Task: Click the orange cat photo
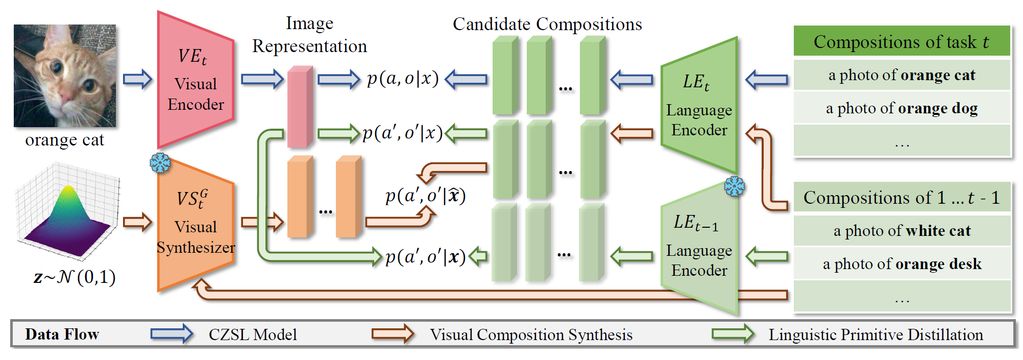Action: point(65,76)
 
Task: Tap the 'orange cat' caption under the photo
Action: point(65,140)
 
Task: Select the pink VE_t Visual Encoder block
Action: point(196,82)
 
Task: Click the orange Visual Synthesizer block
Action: point(196,225)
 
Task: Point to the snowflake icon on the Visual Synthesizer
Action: point(160,163)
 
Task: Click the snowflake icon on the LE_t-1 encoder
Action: point(734,186)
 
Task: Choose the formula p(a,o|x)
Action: point(402,79)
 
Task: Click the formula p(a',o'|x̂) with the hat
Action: point(425,196)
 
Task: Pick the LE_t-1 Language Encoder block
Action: point(699,248)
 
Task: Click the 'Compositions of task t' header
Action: point(902,41)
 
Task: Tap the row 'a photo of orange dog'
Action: point(902,108)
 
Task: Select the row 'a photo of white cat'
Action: point(902,231)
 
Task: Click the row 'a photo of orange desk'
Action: point(902,264)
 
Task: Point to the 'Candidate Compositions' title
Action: point(547,24)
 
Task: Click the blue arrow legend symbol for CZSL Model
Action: point(172,334)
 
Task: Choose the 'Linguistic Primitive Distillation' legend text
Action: point(875,334)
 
